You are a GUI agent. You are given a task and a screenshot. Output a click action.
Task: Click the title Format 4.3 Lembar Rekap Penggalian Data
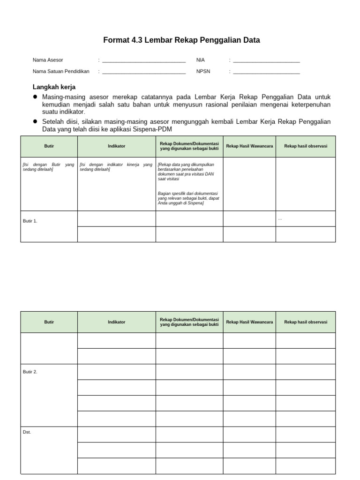click(x=181, y=41)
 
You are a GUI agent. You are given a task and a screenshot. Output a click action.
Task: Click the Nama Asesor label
click(x=48, y=60)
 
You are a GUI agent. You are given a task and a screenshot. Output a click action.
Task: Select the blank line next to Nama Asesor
click(x=144, y=61)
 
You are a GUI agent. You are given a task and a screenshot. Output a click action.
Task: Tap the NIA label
click(x=201, y=60)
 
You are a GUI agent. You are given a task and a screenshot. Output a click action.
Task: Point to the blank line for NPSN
click(x=266, y=73)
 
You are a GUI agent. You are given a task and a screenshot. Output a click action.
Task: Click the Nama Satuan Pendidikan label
click(x=61, y=72)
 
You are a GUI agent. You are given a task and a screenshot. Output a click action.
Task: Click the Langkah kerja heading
click(x=54, y=87)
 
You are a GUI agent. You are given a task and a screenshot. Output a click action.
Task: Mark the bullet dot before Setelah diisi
click(x=35, y=121)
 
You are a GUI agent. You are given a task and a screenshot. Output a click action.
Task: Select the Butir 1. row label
click(x=30, y=221)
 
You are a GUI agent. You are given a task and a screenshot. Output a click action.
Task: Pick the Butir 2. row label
click(x=30, y=372)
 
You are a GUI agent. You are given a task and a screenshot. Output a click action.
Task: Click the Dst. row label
click(x=27, y=432)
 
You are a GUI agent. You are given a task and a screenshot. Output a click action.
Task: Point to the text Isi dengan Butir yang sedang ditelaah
click(x=48, y=167)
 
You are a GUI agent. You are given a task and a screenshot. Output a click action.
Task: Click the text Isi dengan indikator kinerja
click(x=116, y=167)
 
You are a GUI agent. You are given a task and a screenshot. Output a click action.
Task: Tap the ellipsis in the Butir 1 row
click(x=280, y=219)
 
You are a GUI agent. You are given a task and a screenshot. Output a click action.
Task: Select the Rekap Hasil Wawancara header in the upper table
click(x=249, y=146)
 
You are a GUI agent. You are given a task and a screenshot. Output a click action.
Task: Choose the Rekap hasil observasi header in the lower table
click(x=306, y=322)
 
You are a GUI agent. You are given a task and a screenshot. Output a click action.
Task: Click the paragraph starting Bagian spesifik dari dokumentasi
click(x=188, y=198)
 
